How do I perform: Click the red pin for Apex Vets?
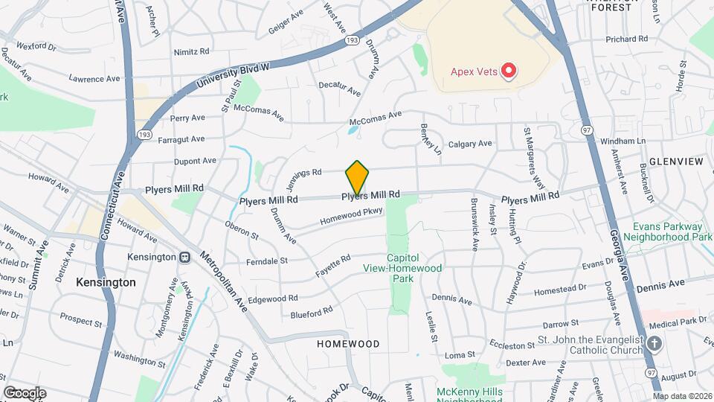click(x=509, y=71)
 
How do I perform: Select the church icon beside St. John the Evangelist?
click(x=654, y=343)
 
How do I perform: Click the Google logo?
click(x=25, y=392)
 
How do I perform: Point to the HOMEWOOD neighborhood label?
click(x=348, y=344)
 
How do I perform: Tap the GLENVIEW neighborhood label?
click(x=675, y=162)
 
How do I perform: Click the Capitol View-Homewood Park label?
click(x=402, y=273)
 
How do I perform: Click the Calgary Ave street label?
click(x=470, y=144)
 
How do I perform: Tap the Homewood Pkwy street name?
click(x=351, y=217)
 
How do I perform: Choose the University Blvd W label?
click(x=233, y=75)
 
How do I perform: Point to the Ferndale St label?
click(x=267, y=261)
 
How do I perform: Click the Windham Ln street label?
click(x=623, y=141)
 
